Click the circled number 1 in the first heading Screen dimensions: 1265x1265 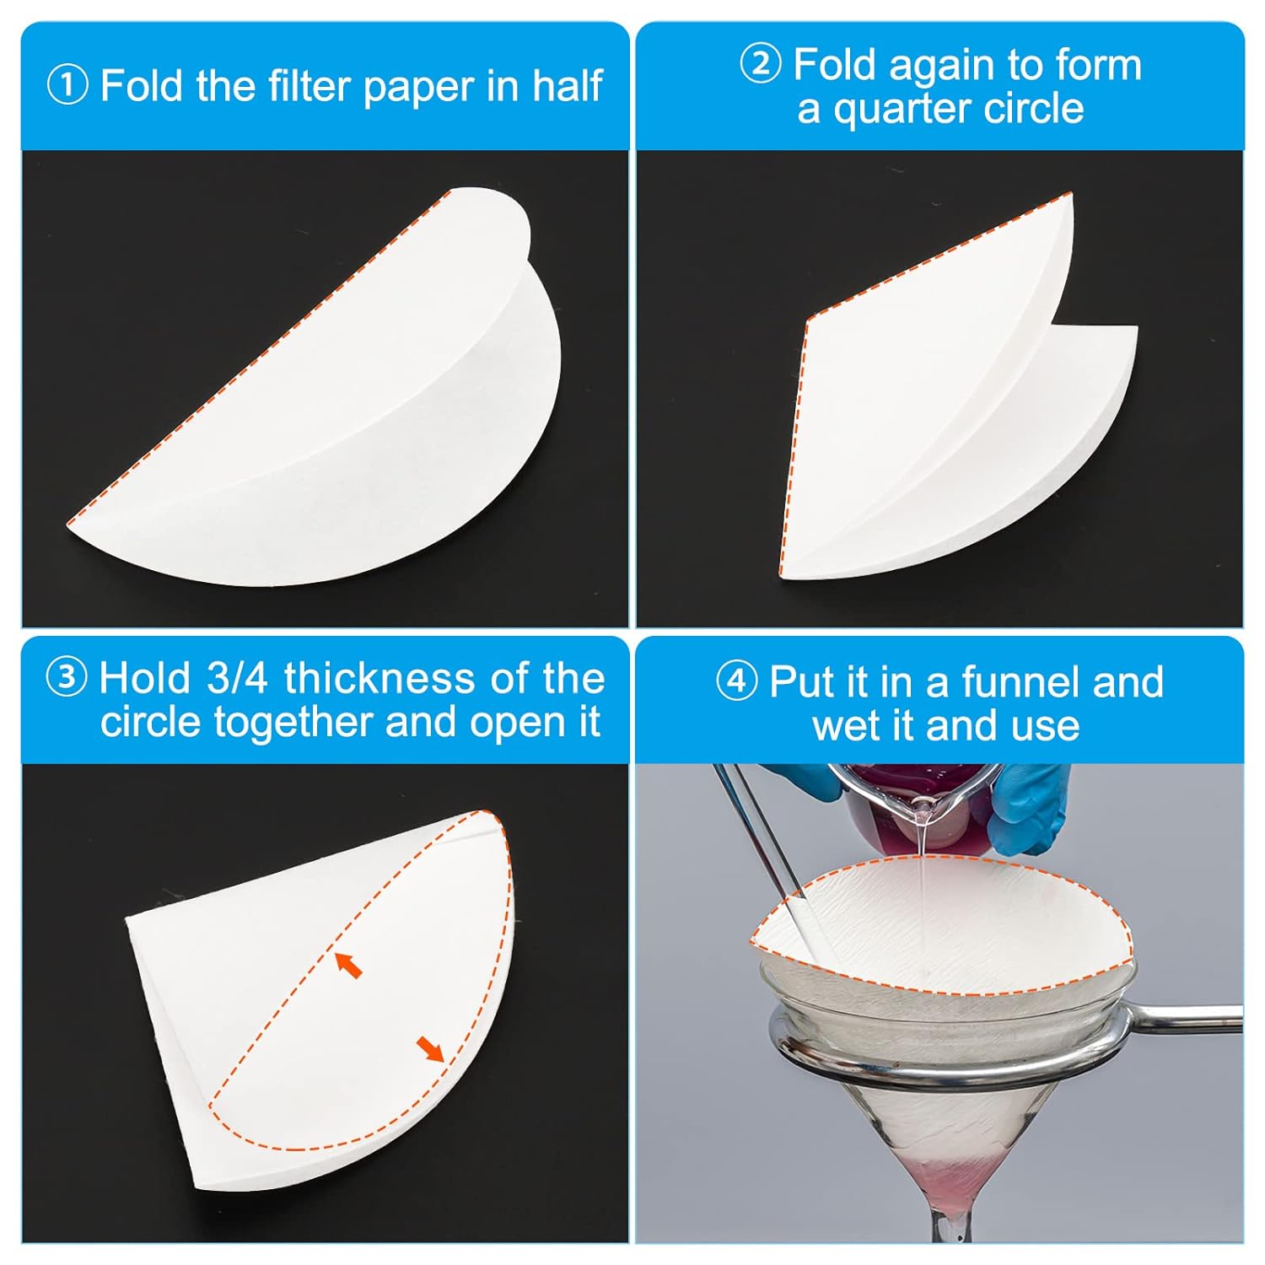coord(68,86)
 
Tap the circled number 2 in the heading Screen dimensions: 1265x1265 coord(761,64)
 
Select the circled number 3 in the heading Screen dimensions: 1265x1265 coord(67,678)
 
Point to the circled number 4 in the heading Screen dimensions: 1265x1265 coord(736,681)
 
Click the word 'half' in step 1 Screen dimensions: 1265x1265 coord(567,86)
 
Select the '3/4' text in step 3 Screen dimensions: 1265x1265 coord(237,678)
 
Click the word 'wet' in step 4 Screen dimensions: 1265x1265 coord(848,725)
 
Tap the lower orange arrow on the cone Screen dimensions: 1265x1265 coord(430,1049)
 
